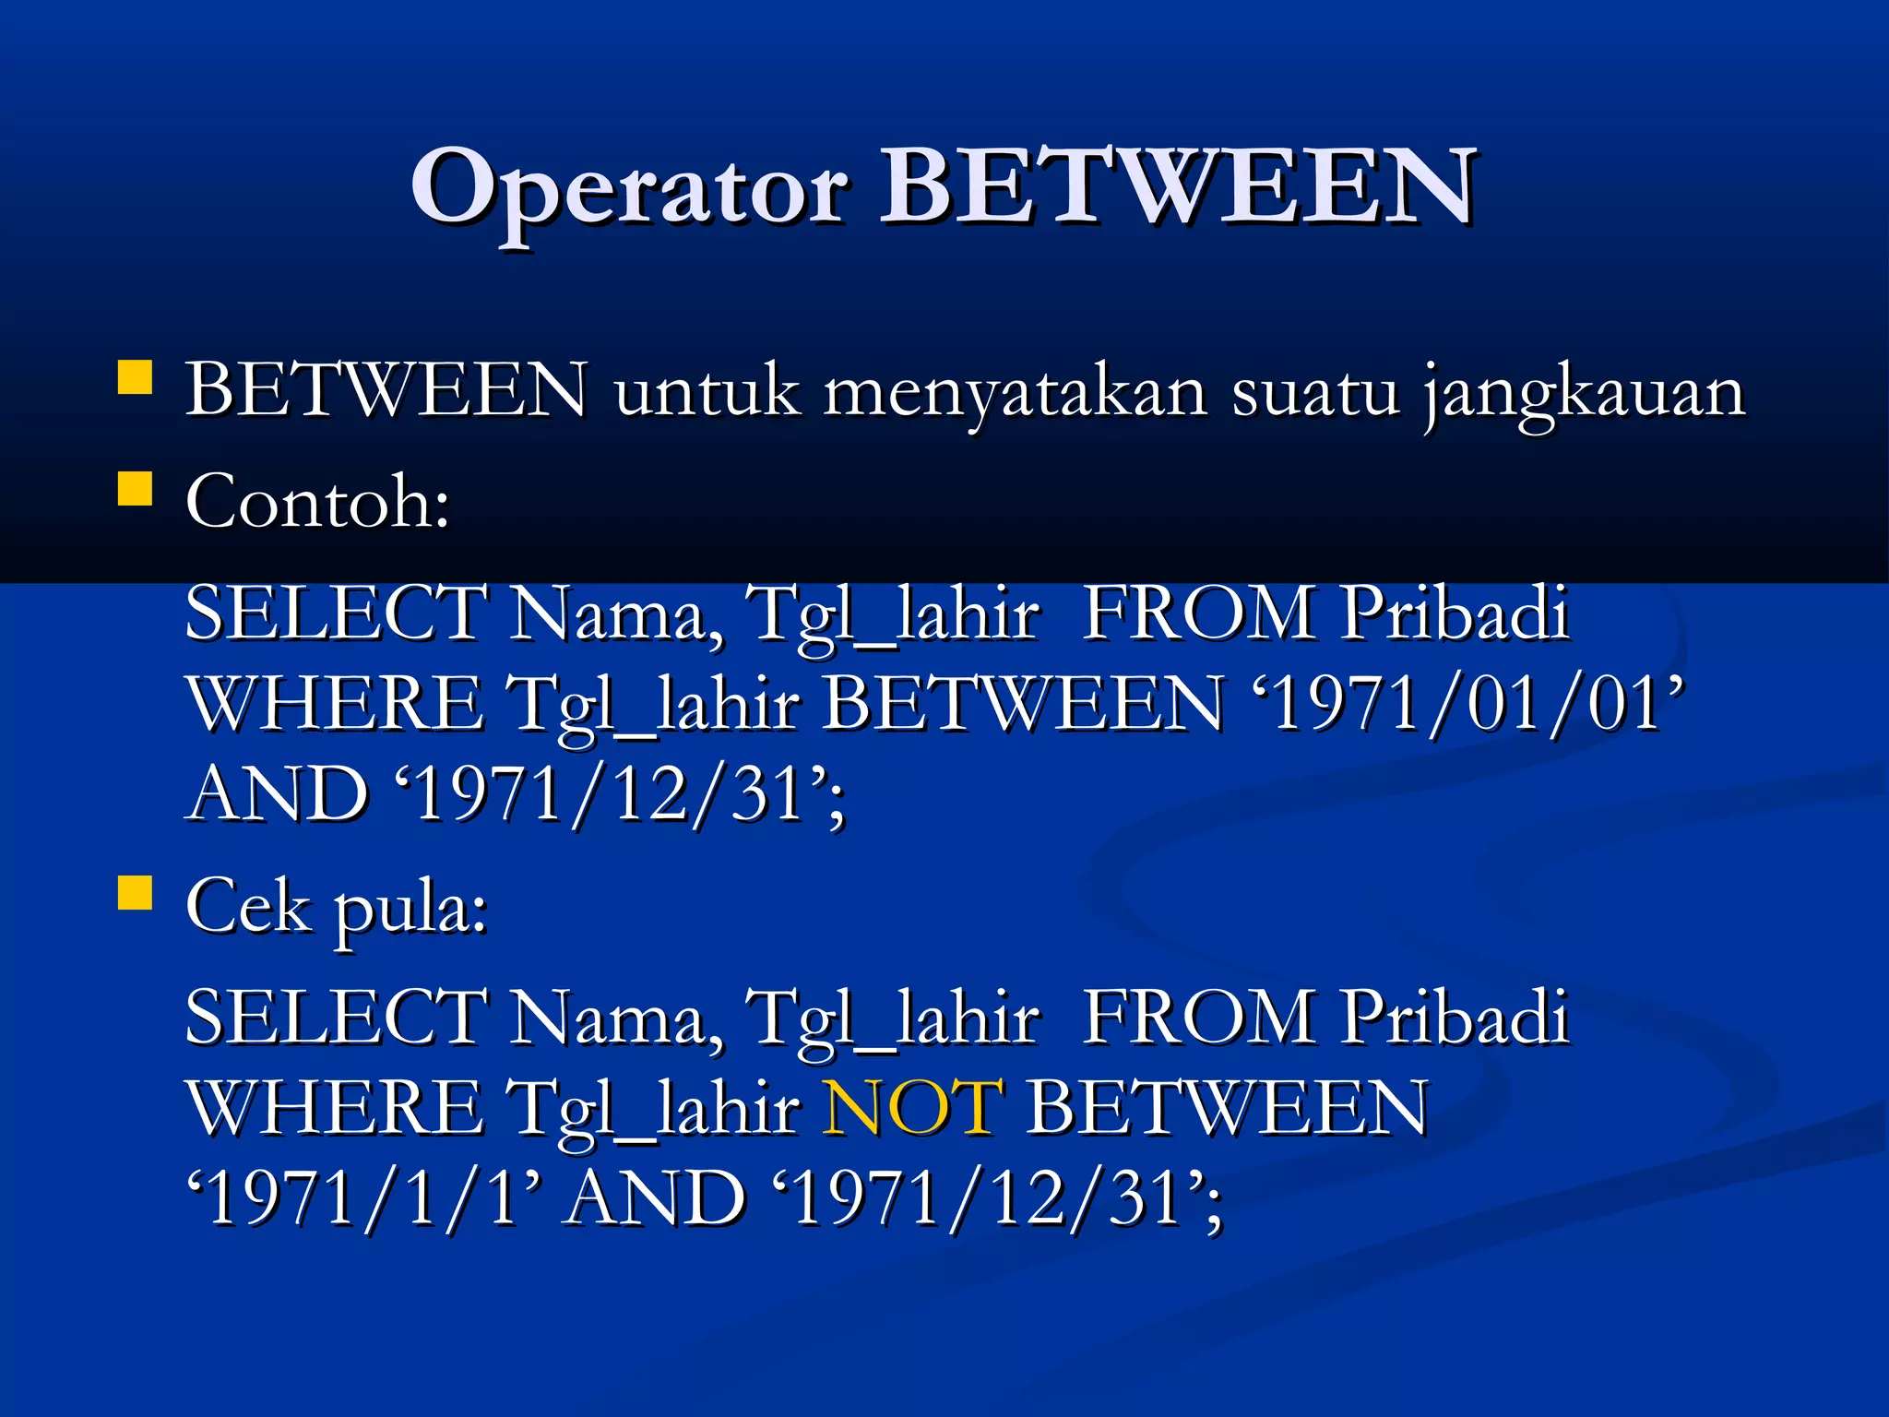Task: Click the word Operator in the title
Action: click(x=629, y=189)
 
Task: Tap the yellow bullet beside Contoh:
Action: click(x=135, y=489)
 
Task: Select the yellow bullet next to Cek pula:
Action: click(x=135, y=893)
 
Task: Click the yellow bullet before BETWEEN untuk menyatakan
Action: click(x=135, y=378)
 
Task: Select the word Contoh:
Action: click(x=317, y=503)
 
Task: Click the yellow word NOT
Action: click(x=911, y=1107)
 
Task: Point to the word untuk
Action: click(x=707, y=392)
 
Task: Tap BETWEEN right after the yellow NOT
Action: click(x=1227, y=1107)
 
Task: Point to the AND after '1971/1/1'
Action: click(x=655, y=1199)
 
